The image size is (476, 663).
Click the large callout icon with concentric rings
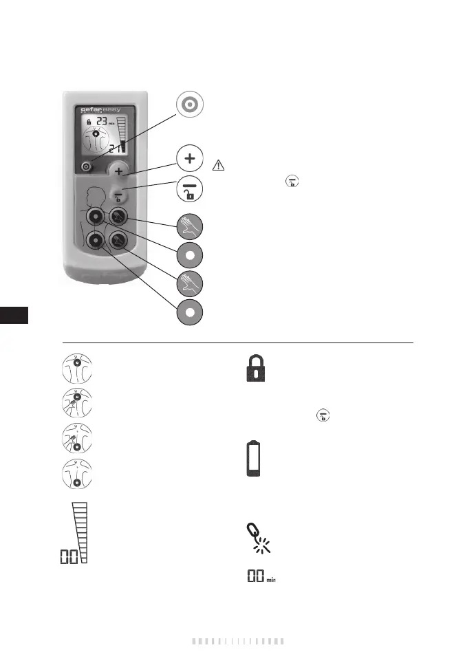189,105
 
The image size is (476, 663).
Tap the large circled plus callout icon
189,159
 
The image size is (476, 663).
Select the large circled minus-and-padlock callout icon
189,189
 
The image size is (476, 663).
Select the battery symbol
255,459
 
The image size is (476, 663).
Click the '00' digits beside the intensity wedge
68,556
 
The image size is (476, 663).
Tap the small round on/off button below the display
85,166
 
